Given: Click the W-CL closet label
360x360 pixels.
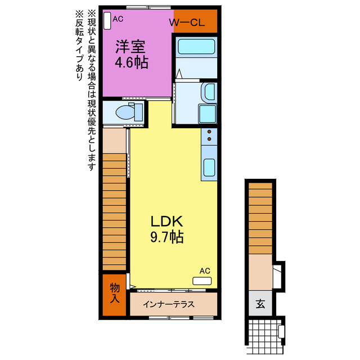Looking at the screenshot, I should [x=186, y=23].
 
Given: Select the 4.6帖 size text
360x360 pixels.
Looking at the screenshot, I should [x=131, y=62].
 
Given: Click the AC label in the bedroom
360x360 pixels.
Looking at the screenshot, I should [x=118, y=19].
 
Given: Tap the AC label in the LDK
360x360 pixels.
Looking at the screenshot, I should [x=204, y=271].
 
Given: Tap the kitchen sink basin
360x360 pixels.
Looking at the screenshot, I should [x=209, y=167].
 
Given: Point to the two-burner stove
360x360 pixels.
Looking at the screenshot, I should [x=209, y=136].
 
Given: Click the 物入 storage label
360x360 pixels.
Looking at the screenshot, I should [x=115, y=293].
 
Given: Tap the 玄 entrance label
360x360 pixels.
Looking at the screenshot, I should [x=260, y=304].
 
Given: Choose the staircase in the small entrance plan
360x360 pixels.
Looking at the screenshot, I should [x=260, y=217].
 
